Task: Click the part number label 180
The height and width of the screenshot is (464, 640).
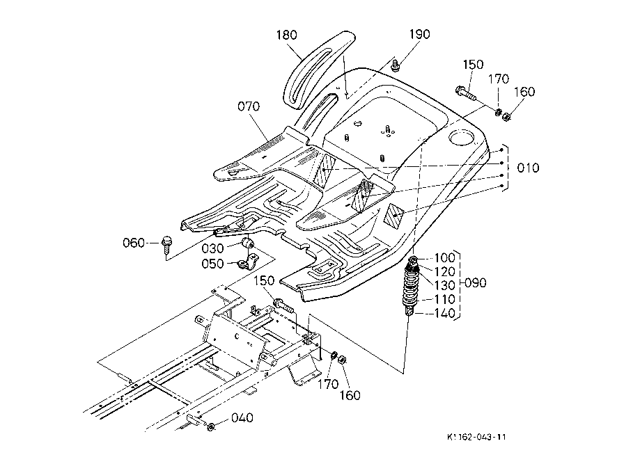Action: tap(286, 35)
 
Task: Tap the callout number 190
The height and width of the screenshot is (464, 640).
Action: tap(420, 34)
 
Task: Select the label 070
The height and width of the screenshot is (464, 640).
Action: tap(249, 107)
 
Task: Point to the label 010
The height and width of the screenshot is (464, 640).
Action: tap(528, 168)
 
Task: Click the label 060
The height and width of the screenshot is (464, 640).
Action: tap(134, 243)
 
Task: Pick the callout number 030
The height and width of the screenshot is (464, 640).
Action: tap(212, 249)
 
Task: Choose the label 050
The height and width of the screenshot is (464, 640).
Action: tap(212, 264)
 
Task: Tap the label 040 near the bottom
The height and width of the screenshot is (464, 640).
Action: tap(242, 418)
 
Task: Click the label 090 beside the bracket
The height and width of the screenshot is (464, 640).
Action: tap(476, 283)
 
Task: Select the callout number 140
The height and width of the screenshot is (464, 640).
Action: tap(444, 314)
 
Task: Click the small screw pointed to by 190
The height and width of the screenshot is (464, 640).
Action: tap(395, 65)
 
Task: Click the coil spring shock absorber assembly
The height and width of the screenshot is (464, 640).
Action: tap(412, 286)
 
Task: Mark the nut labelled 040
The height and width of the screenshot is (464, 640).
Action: tap(211, 427)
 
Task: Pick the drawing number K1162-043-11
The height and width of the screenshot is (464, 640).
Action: tap(476, 437)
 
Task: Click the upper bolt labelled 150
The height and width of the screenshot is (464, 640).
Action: tap(465, 93)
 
